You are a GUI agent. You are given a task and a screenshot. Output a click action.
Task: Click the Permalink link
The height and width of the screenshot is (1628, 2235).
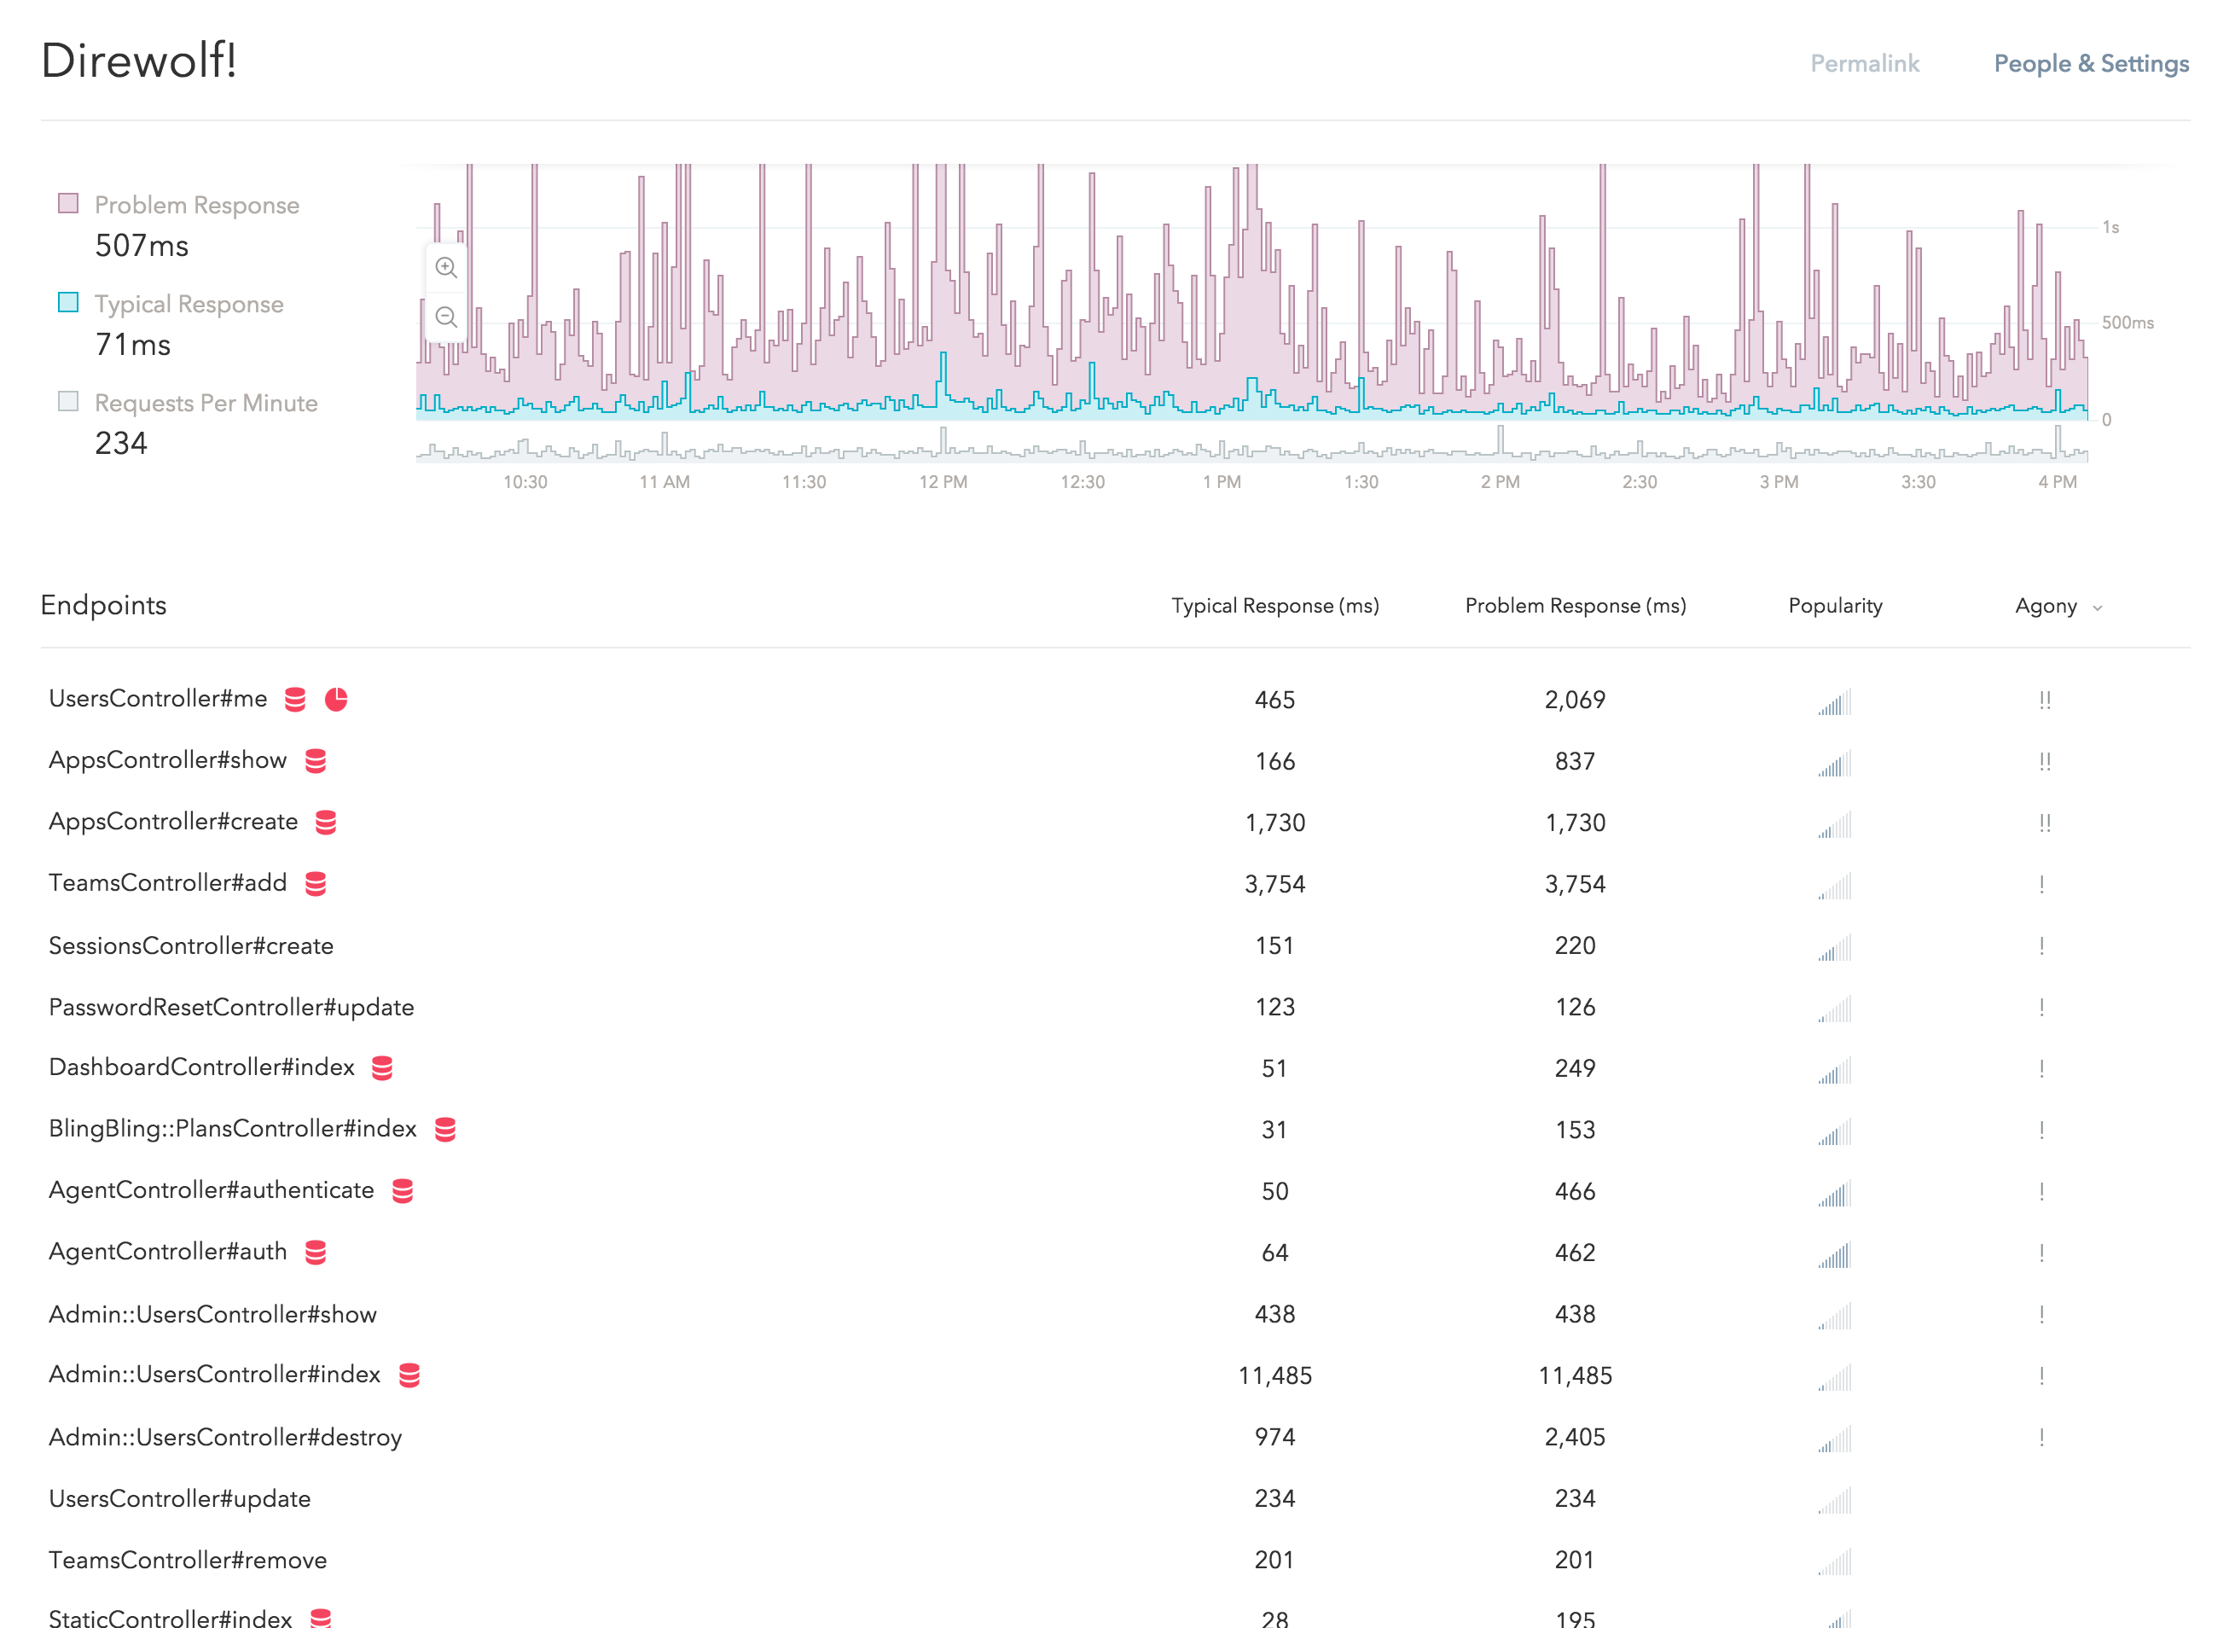point(1865,64)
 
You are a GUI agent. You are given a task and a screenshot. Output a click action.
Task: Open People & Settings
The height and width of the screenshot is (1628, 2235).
point(2090,64)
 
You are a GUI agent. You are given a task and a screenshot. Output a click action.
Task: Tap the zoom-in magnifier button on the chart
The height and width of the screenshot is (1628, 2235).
point(446,268)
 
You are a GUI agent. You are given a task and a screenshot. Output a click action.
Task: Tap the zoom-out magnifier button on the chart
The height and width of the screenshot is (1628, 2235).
point(446,317)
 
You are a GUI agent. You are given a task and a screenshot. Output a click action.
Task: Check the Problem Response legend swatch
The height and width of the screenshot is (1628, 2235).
point(68,204)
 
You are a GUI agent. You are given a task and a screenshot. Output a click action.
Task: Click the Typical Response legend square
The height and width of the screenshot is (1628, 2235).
point(68,303)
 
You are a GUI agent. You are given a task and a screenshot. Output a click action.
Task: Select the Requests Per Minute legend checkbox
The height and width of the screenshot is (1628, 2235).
point(68,401)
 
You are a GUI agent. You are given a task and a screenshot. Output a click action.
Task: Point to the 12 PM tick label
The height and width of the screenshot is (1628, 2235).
point(943,482)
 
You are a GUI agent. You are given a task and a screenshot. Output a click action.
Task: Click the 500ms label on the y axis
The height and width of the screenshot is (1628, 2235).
point(2127,323)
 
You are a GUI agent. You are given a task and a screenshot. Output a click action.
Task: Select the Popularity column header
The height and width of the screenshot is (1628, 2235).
point(1835,606)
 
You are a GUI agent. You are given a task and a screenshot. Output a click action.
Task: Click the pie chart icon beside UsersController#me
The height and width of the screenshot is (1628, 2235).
point(336,700)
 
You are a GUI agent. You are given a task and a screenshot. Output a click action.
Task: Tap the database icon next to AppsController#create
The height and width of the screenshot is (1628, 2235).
point(326,823)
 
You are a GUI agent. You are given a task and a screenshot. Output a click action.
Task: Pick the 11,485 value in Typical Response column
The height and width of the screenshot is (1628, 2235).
point(1274,1375)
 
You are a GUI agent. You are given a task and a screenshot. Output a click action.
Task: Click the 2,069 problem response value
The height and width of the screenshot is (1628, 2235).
point(1575,700)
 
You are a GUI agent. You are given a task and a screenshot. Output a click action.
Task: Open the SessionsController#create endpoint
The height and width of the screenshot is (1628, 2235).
point(191,946)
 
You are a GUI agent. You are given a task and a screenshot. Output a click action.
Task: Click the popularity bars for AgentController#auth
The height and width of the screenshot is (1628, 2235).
point(1835,1254)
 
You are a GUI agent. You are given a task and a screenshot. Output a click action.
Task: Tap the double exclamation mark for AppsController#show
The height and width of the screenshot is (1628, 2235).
point(2045,762)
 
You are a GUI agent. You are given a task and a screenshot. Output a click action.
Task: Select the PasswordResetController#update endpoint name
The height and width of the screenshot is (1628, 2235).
point(231,1007)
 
